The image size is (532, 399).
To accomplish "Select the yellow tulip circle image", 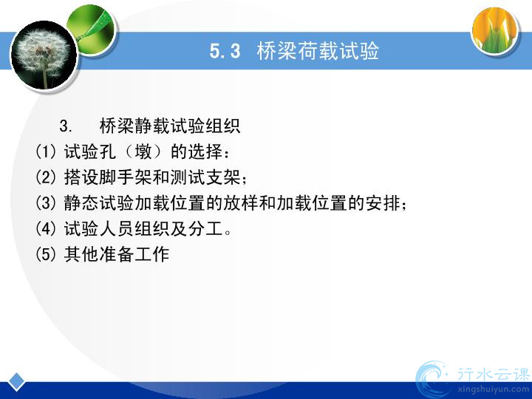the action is tap(495, 30).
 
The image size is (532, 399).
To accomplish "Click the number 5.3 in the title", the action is tap(225, 51).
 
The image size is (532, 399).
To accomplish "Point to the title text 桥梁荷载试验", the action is tap(318, 51).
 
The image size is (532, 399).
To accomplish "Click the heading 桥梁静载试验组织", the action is tap(170, 126).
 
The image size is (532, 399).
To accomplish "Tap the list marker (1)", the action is tap(46, 151).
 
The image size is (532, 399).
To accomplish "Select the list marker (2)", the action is tap(46, 177).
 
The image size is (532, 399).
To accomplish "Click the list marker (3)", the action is tap(46, 202).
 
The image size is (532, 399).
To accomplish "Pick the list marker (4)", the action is tap(46, 228).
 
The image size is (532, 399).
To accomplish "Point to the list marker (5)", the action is tap(46, 253).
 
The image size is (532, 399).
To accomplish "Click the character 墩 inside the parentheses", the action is tap(143, 151).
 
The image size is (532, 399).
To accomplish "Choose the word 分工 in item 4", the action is tap(205, 228).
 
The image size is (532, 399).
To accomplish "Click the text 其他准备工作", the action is tap(117, 253).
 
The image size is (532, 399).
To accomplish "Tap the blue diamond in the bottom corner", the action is tap(16, 382).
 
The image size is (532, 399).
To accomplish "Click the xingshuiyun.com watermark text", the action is tap(494, 389).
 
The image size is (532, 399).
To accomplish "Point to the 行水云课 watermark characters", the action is tap(494, 374).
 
